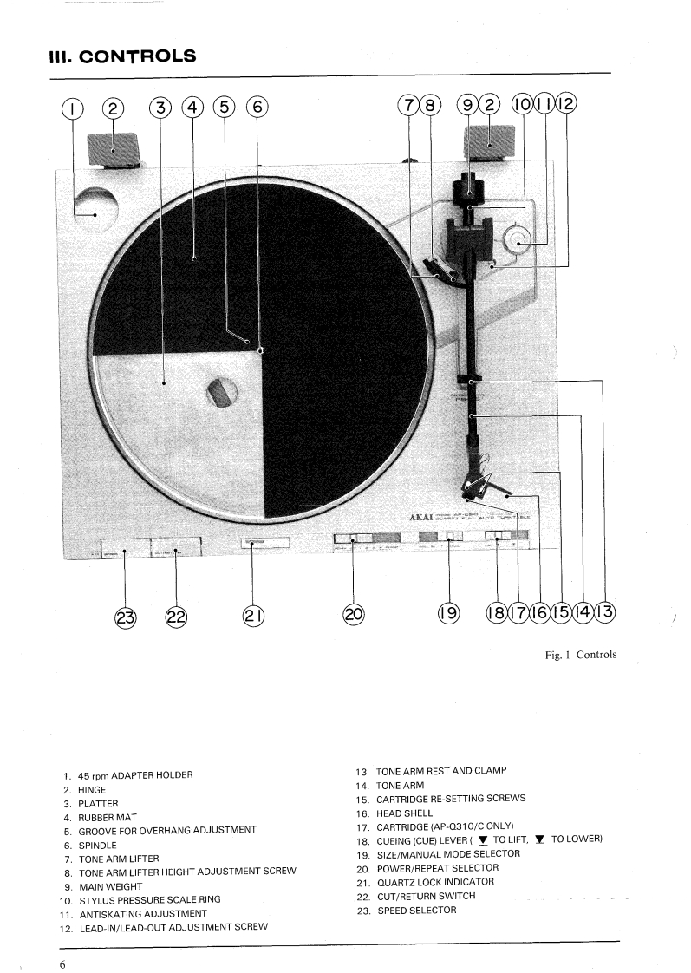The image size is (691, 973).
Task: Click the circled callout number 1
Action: click(72, 108)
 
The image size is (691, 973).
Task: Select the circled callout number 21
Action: click(253, 615)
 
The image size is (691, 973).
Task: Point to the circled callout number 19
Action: click(448, 614)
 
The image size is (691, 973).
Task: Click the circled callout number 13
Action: click(603, 613)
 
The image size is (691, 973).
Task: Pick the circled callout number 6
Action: click(257, 108)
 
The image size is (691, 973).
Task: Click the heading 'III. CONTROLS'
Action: click(122, 57)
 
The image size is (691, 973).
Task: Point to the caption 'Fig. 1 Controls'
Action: click(580, 654)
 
